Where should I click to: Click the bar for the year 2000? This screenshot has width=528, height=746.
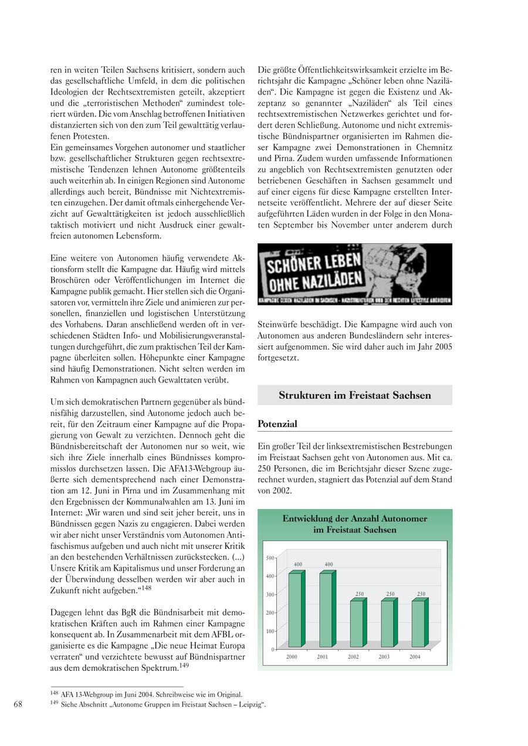295,610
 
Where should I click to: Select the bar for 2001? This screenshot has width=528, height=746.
326,610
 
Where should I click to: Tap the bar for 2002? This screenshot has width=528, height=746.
357,623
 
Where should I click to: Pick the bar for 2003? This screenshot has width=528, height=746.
388,623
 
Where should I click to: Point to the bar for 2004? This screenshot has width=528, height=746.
418,623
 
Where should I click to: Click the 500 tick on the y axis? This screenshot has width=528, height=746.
270,558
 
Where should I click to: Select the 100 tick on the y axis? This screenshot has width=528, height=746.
270,631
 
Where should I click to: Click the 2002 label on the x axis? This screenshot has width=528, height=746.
353,657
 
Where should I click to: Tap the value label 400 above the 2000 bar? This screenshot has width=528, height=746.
297,564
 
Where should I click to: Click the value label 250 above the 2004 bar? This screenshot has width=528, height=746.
421,594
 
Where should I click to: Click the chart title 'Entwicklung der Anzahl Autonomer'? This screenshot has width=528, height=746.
355,518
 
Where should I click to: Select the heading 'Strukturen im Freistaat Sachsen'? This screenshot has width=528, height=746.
355,395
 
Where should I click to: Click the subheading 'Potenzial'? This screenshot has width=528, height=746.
277,423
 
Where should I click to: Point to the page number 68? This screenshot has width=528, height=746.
18,704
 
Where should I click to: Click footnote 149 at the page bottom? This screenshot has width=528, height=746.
158,704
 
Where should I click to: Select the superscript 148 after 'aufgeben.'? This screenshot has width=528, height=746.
147,588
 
